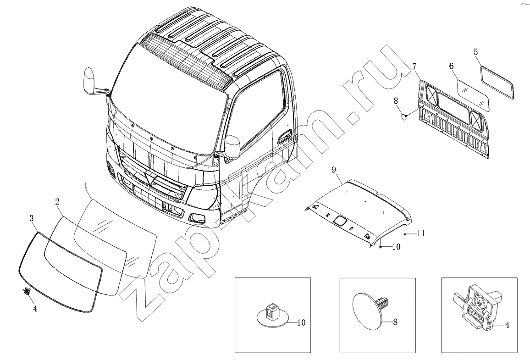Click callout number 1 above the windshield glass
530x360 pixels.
pos(86,186)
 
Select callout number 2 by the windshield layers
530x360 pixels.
pos(57,202)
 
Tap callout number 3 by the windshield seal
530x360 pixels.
pos(32,218)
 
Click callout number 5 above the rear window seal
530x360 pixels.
pos(475,52)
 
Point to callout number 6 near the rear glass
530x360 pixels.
pos(451,66)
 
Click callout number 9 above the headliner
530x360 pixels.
pos(334,169)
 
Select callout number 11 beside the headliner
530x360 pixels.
pos(420,233)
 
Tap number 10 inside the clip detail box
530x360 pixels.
pos(301,322)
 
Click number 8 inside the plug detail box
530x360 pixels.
pos(395,322)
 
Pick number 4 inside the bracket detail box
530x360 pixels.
pos(507,325)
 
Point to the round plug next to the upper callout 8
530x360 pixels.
pos(403,116)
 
